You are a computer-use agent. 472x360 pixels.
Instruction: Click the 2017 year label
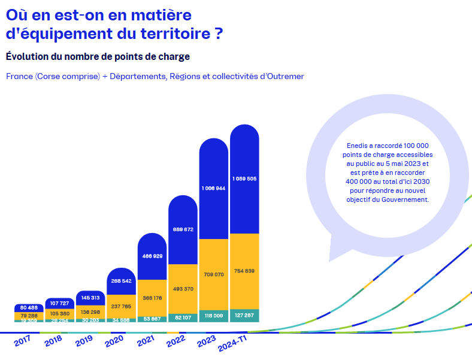22,341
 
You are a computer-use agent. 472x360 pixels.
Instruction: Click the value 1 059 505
244,179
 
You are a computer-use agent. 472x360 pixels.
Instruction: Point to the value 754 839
244,271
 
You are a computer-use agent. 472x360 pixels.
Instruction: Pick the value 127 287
244,315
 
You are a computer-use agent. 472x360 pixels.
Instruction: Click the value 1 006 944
214,188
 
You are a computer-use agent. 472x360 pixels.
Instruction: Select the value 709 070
214,275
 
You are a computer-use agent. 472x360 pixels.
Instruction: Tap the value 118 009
214,316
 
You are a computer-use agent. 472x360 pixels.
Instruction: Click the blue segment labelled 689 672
183,229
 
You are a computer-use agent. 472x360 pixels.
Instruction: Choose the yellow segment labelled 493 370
183,289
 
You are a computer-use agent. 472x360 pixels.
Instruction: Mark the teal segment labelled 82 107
183,317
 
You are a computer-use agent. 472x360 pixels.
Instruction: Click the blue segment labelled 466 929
152,256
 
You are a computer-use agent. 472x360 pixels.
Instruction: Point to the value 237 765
122,306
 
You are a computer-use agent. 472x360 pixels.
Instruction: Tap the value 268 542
122,281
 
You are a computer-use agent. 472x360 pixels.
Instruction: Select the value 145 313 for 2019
91,298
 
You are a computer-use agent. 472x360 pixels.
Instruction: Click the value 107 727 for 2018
60,302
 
